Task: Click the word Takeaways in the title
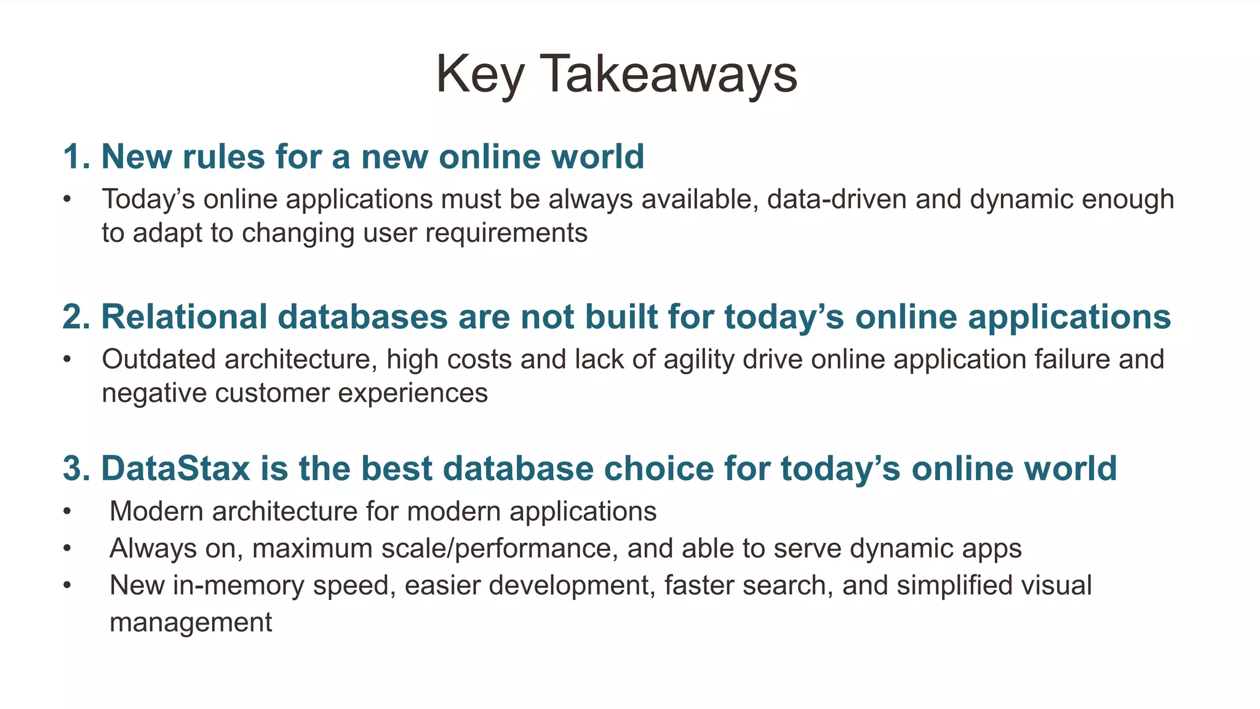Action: pos(668,74)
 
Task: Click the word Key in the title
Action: pos(479,74)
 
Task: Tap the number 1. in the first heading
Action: pos(76,156)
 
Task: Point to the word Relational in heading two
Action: pos(183,317)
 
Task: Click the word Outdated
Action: pos(158,359)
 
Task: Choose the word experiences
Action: pos(413,393)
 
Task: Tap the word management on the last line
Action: pos(191,622)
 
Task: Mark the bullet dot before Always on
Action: pos(67,548)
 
